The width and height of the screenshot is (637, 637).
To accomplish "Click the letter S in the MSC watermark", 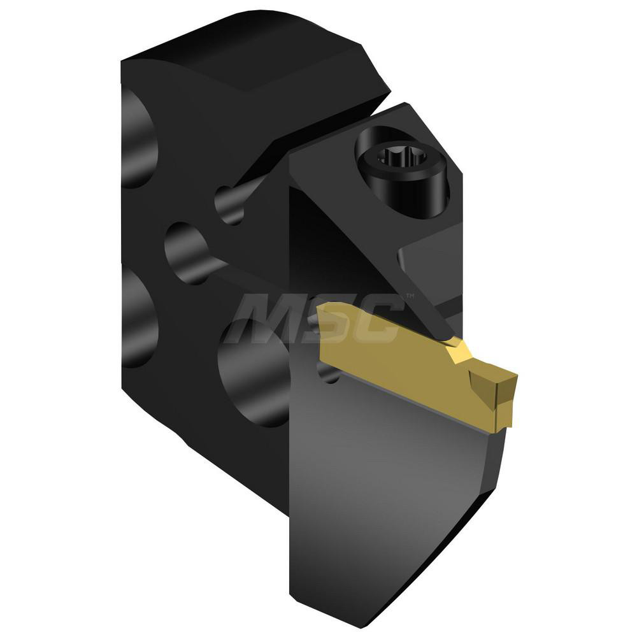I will point(331,318).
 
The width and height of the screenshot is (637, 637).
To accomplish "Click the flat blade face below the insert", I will point(395,484).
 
